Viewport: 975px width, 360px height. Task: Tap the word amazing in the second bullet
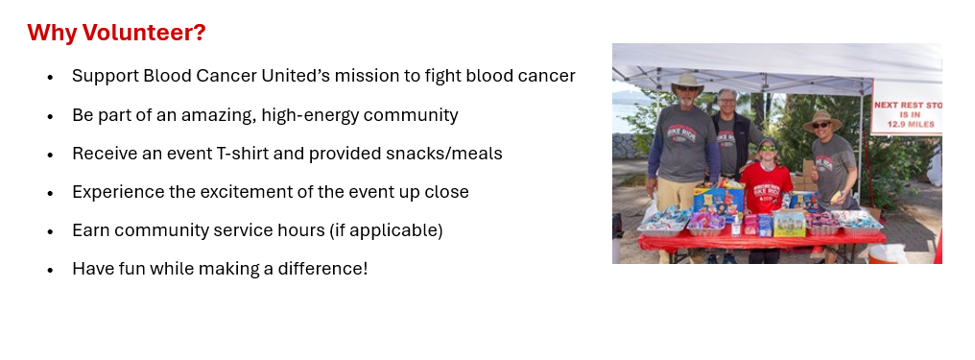(x=216, y=115)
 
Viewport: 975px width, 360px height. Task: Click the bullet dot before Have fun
(x=50, y=271)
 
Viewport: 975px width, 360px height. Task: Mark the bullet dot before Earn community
(x=50, y=232)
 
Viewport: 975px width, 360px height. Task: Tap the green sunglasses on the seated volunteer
(x=768, y=148)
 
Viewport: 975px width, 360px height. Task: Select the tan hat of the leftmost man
(x=688, y=82)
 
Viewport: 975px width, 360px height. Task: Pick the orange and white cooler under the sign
(x=887, y=253)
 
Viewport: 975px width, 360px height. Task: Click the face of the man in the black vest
(x=726, y=102)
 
